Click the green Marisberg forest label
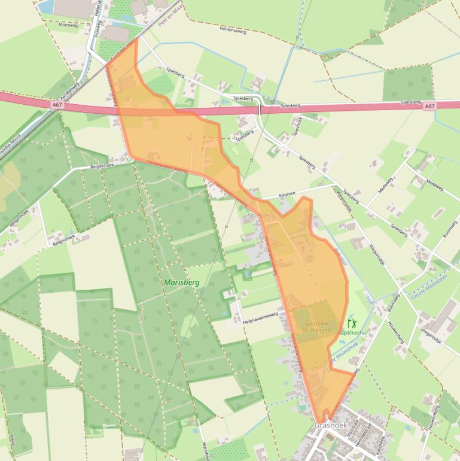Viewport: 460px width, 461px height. coord(180,281)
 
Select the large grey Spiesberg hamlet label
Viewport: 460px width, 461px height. coord(261,215)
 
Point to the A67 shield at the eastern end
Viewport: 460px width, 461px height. coord(429,106)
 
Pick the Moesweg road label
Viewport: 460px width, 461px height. coord(69,25)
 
